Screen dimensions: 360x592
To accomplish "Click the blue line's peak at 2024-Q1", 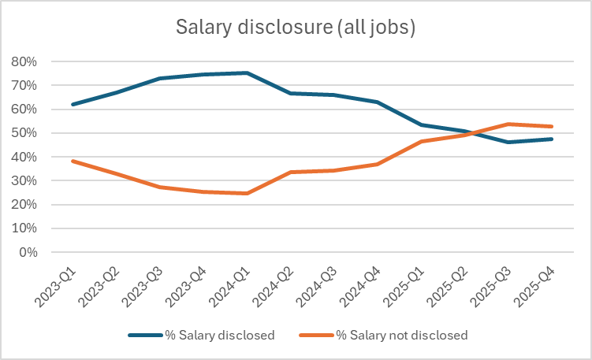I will (x=248, y=72).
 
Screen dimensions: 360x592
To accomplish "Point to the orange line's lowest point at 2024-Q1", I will (x=248, y=193).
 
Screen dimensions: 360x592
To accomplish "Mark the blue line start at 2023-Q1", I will (x=73, y=104).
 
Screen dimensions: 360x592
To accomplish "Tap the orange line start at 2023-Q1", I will (x=73, y=161).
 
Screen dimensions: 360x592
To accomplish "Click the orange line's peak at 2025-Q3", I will (x=508, y=124).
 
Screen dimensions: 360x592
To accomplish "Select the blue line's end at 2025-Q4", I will (x=552, y=139).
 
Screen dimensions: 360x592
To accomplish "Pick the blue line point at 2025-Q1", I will (x=422, y=124).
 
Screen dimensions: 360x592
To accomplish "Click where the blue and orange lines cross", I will (x=471, y=133).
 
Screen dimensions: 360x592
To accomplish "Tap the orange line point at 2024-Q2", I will (x=291, y=172).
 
